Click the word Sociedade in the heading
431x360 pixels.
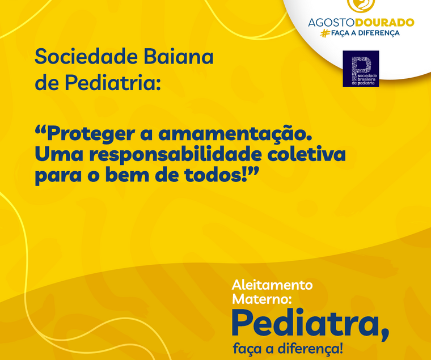(86, 56)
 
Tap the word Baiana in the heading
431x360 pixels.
(179, 56)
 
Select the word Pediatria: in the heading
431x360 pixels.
(112, 82)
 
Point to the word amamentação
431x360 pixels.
(235, 134)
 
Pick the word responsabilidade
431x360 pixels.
(176, 154)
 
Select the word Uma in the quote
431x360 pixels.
(59, 154)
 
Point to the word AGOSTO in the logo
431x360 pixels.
(331, 23)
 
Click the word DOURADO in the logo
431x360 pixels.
(384, 23)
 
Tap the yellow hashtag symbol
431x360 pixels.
(325, 33)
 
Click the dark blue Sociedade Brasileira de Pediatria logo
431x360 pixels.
(361, 69)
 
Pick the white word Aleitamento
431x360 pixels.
(272, 285)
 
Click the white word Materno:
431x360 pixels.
(261, 299)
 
